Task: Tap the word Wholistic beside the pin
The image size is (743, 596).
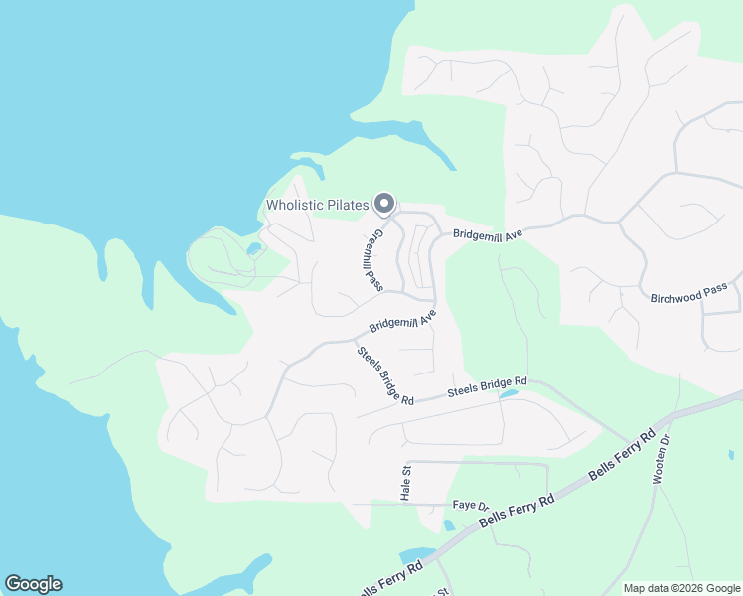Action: click(301, 206)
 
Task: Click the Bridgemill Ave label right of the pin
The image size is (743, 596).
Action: click(488, 234)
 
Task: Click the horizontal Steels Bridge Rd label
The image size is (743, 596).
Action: click(486, 387)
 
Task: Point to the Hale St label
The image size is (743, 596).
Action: click(406, 484)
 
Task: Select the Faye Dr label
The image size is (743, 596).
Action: click(466, 505)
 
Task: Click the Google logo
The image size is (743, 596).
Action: click(33, 584)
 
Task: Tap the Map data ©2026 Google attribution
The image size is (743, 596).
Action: click(680, 588)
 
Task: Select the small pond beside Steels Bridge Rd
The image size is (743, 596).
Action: click(509, 394)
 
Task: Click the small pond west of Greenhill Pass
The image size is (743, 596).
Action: click(255, 248)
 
